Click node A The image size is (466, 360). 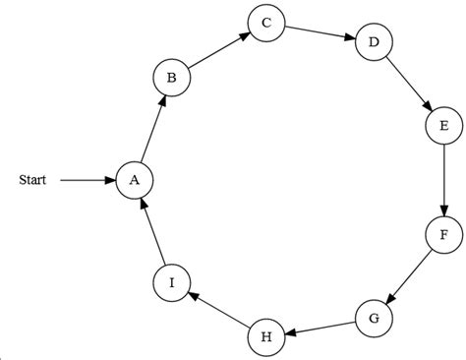pos(135,179)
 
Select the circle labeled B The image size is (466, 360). pos(172,77)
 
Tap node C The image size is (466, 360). pos(265,24)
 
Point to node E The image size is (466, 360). pos(443,126)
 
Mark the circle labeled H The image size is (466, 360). pos(265,337)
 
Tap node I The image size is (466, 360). pos(172,282)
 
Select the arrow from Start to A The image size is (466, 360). pos(87,180)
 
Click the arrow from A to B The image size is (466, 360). pos(153,128)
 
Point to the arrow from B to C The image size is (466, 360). pos(218,50)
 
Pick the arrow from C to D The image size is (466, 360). pos(319,33)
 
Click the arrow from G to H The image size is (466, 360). pos(320,328)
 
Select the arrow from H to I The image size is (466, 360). pos(218,310)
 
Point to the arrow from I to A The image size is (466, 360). pos(153,231)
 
